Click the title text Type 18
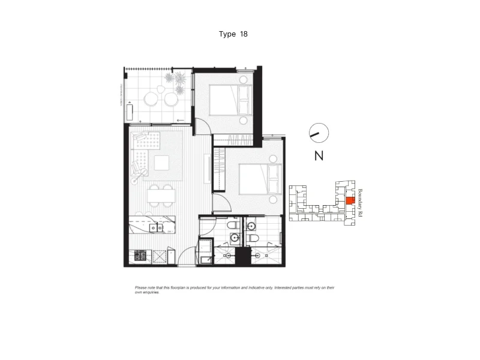(x=233, y=34)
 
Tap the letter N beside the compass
(x=319, y=157)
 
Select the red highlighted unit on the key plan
(x=349, y=201)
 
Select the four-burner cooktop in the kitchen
(x=140, y=256)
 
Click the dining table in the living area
(x=161, y=196)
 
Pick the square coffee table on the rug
(x=161, y=163)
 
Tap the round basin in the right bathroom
(x=251, y=226)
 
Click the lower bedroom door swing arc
(x=220, y=201)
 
